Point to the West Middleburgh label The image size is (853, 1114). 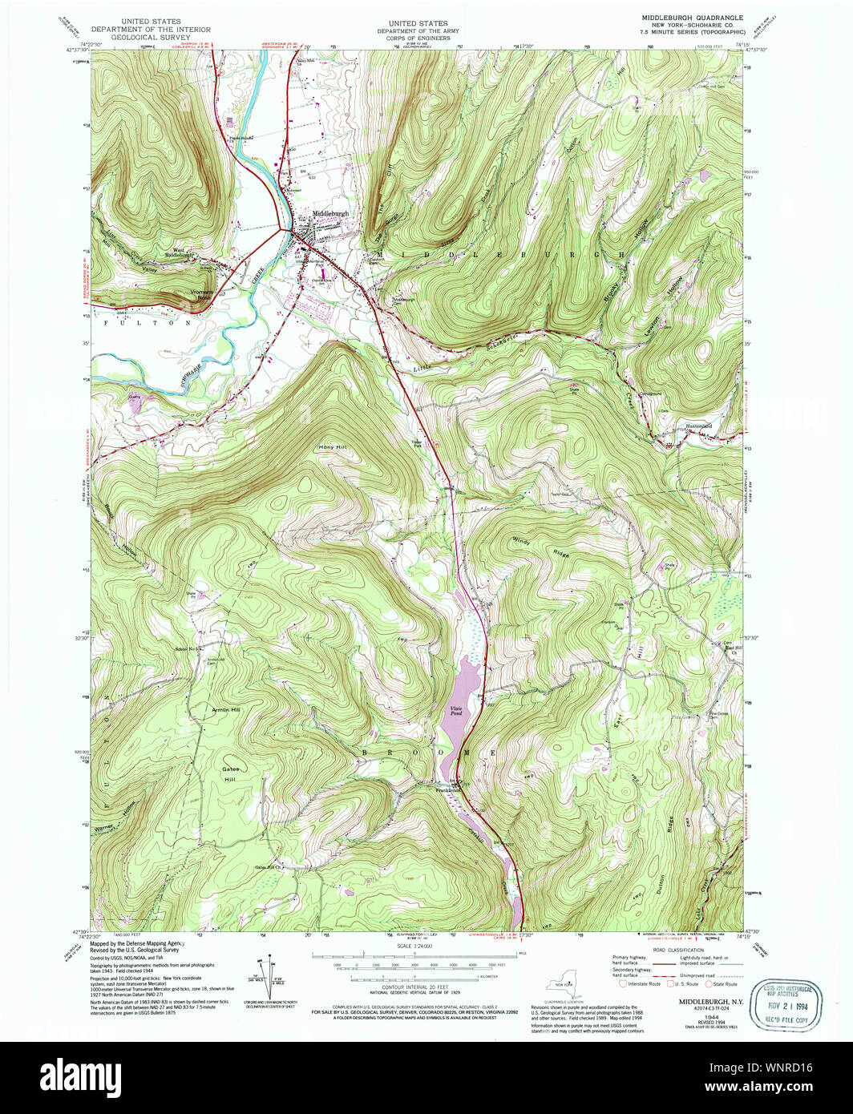coord(180,252)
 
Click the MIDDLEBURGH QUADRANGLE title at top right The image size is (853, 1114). coord(691,17)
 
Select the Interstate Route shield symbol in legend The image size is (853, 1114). coord(623,983)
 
